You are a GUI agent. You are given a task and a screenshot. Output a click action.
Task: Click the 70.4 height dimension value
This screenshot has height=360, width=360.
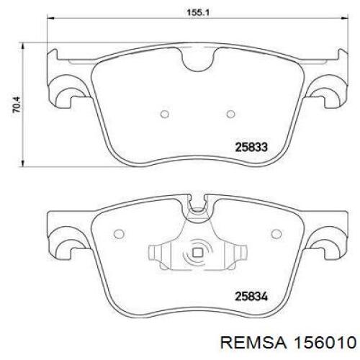tap(17, 105)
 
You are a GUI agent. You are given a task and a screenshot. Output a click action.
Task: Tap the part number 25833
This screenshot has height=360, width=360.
tap(251, 147)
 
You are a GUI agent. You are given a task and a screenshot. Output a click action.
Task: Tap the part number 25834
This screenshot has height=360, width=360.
tap(251, 297)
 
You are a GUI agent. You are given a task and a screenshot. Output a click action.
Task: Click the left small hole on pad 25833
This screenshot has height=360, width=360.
tap(165, 114)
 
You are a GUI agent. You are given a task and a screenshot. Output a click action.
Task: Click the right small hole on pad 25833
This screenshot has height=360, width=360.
tap(230, 114)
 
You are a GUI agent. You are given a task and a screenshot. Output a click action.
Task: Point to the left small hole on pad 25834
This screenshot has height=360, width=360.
tap(119, 234)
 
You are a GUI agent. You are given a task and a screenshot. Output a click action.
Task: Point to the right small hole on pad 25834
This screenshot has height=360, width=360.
tap(276, 234)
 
